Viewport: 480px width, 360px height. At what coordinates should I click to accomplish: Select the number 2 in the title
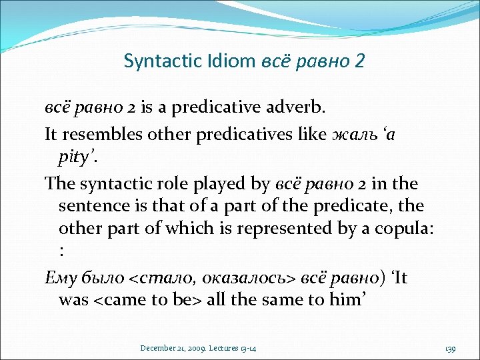tap(360, 61)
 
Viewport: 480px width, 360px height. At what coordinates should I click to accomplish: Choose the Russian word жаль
tap(353, 135)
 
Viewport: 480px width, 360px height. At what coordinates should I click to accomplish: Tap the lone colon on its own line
tap(61, 252)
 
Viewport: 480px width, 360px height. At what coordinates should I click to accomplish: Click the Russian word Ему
tap(60, 277)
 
